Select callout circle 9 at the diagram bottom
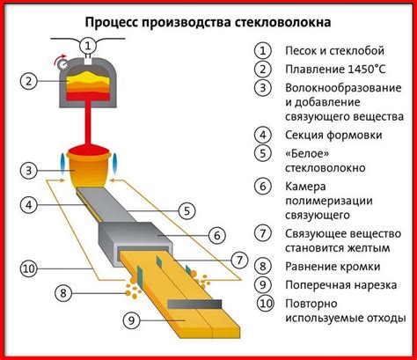(x=131, y=321)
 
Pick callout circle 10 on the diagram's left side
(x=28, y=268)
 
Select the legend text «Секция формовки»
(x=332, y=135)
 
